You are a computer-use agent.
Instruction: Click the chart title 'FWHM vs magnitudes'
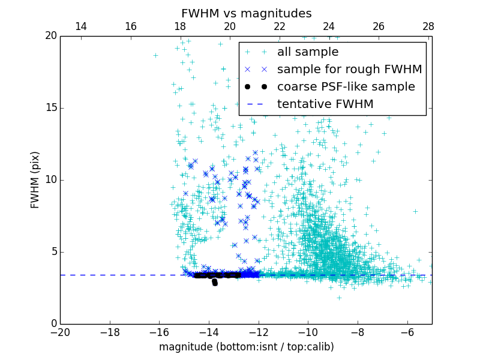tap(246, 13)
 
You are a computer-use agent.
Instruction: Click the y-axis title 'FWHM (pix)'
tap(35, 179)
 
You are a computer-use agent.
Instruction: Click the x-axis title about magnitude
tap(246, 347)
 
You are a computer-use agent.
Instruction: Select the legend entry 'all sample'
tap(307, 52)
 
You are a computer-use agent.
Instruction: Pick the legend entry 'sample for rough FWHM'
tap(349, 70)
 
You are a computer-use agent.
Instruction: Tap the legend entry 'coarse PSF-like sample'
tap(346, 86)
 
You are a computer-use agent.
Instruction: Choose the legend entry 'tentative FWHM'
tap(325, 104)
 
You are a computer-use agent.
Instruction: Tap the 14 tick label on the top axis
tap(80, 26)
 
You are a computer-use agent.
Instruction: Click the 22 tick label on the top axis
tap(280, 26)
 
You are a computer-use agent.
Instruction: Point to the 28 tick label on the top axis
tap(428, 26)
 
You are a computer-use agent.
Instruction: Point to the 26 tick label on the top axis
tap(379, 26)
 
